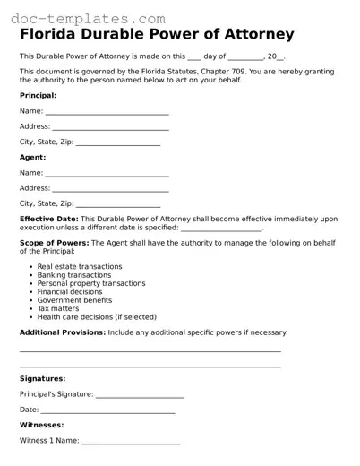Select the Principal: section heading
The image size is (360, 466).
38,95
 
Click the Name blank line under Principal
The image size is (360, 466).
107,112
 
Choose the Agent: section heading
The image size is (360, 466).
32,157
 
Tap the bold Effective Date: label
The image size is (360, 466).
49,219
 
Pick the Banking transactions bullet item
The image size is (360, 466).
74,275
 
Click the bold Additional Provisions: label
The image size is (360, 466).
62,332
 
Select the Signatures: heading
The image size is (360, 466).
42,379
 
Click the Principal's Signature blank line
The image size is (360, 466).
139,395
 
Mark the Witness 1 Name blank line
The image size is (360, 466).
131,441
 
